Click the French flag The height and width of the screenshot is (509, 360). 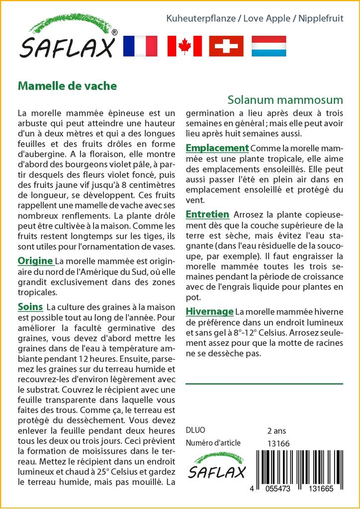pyautogui.click(x=140, y=46)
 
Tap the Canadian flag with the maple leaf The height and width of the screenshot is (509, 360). pyautogui.click(x=184, y=46)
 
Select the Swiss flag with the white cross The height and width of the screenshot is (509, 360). pyautogui.click(x=226, y=46)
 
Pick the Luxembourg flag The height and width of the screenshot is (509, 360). pyautogui.click(x=269, y=46)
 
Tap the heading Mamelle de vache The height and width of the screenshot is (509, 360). pyautogui.click(x=67, y=85)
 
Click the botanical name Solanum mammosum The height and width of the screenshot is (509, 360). pyautogui.click(x=286, y=99)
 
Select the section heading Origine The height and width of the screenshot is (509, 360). pyautogui.click(x=35, y=260)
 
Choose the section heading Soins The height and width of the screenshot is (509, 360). pyautogui.click(x=30, y=307)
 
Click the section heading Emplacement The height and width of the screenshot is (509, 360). pyautogui.click(x=217, y=148)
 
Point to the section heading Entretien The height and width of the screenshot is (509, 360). pyautogui.click(x=207, y=214)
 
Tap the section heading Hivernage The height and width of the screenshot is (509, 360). pyautogui.click(x=209, y=311)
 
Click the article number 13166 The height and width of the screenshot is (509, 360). pyautogui.click(x=278, y=443)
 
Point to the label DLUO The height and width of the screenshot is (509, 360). pyautogui.click(x=195, y=430)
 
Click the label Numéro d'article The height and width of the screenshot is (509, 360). pyautogui.click(x=213, y=443)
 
